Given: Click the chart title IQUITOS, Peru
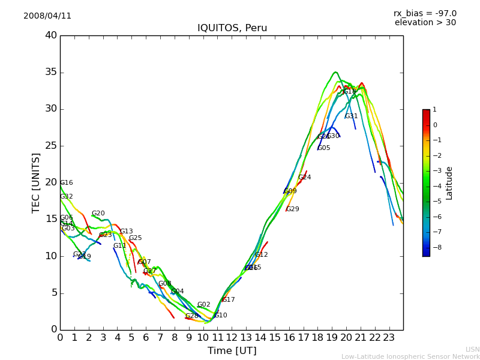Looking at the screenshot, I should (232, 28).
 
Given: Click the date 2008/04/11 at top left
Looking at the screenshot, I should (47, 16).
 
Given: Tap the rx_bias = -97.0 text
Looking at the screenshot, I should (425, 14).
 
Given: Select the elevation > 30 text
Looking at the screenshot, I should (425, 23).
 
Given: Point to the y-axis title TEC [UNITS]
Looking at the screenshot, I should (37, 182).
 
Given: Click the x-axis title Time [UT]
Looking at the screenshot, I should (232, 351).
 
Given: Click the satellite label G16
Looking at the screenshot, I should (66, 183).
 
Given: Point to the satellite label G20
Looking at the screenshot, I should (98, 214).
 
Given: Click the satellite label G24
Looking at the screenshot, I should (304, 178).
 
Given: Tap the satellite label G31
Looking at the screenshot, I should (351, 116).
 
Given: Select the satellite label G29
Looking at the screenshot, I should (292, 209).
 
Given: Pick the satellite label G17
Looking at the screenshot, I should (228, 300).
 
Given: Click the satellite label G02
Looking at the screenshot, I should (203, 305).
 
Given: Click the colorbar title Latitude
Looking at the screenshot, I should (449, 183).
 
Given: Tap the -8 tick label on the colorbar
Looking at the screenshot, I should (435, 247).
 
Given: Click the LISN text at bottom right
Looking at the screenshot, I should (472, 349).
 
